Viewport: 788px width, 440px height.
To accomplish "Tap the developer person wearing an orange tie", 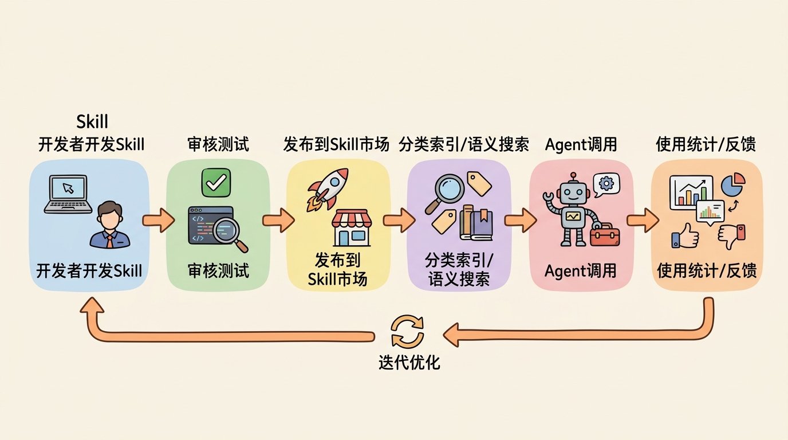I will coord(110,225).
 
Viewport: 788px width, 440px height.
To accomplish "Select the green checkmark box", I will coord(216,183).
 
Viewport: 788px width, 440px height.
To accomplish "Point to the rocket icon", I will coord(328,189).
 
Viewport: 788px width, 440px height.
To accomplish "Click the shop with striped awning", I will coord(352,227).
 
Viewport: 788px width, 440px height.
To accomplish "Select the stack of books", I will coord(476,223).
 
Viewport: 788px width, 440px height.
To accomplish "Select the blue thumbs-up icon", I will coord(685,235).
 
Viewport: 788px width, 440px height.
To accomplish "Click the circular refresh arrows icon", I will coord(407,331).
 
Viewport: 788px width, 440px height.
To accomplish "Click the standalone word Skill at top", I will coord(92,121).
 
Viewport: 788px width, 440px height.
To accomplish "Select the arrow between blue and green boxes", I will coord(158,220).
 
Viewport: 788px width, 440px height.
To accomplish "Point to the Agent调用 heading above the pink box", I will coord(581,144).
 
